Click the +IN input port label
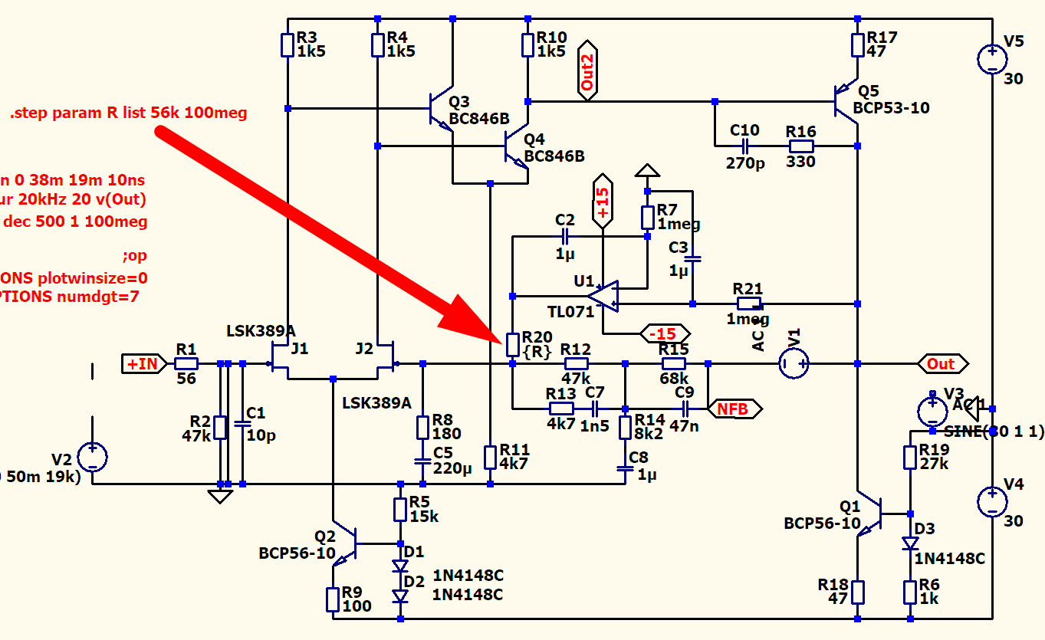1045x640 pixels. tap(143, 363)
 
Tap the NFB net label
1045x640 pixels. tap(733, 409)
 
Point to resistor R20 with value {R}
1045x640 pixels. tap(512, 345)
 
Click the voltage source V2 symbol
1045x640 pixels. tap(92, 458)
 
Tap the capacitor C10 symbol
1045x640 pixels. tap(744, 146)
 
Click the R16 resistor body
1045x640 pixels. tap(801, 146)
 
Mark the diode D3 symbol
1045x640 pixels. tap(909, 543)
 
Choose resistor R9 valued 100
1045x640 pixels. tap(333, 599)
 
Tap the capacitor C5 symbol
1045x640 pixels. tap(422, 461)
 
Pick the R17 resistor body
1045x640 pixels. tap(857, 44)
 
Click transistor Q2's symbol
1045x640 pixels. tap(349, 543)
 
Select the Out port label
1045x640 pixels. tap(941, 363)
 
